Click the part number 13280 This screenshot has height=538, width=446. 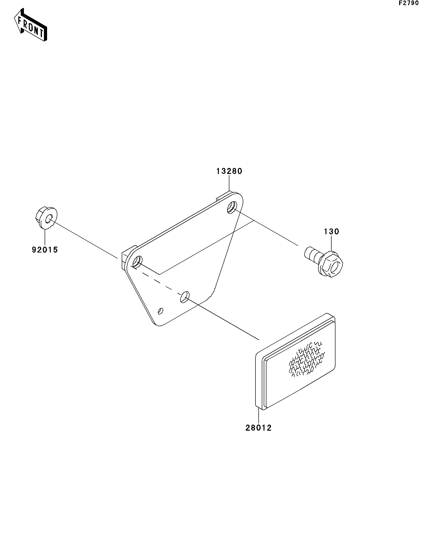(229, 171)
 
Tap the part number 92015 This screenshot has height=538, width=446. (45, 250)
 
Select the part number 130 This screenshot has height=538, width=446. (332, 232)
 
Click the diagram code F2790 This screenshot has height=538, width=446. (409, 3)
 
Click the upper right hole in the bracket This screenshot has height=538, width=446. (232, 207)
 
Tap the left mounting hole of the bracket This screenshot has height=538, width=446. (137, 262)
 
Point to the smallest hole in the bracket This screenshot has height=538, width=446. (161, 311)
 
